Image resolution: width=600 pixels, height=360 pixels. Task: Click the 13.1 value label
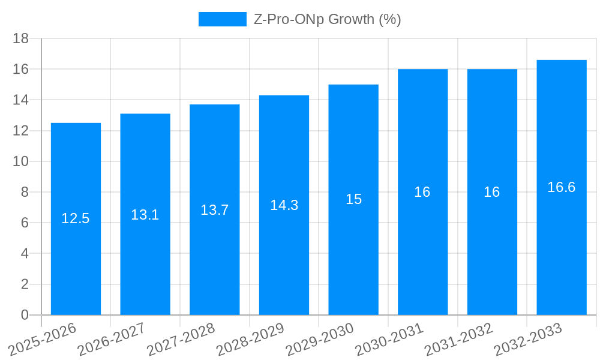pos(145,215)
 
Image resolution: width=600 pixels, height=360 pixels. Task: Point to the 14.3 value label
pos(284,205)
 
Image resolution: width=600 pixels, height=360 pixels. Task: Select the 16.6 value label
pos(562,187)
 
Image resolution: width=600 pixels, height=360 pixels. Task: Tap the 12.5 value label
pos(76,218)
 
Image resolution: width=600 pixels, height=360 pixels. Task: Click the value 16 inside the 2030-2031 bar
pos(422,192)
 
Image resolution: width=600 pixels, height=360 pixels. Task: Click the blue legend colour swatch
pos(223,19)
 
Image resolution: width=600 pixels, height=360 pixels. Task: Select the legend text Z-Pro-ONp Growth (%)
pos(328,19)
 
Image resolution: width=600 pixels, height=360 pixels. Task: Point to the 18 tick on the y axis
pos(21,38)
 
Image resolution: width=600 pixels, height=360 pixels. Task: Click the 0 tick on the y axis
pos(25,315)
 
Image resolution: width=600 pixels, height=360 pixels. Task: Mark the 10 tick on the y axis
pos(21,161)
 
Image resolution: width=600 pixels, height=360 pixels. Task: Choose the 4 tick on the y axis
pos(25,254)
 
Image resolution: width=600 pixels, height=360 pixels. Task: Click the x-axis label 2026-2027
pos(110,339)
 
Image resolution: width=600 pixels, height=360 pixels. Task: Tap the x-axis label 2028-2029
pos(250,339)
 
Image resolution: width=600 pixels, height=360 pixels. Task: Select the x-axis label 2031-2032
pos(458,339)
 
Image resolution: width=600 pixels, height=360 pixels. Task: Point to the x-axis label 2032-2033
pos(527,339)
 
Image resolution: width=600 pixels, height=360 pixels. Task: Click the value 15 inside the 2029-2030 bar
pos(353,199)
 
